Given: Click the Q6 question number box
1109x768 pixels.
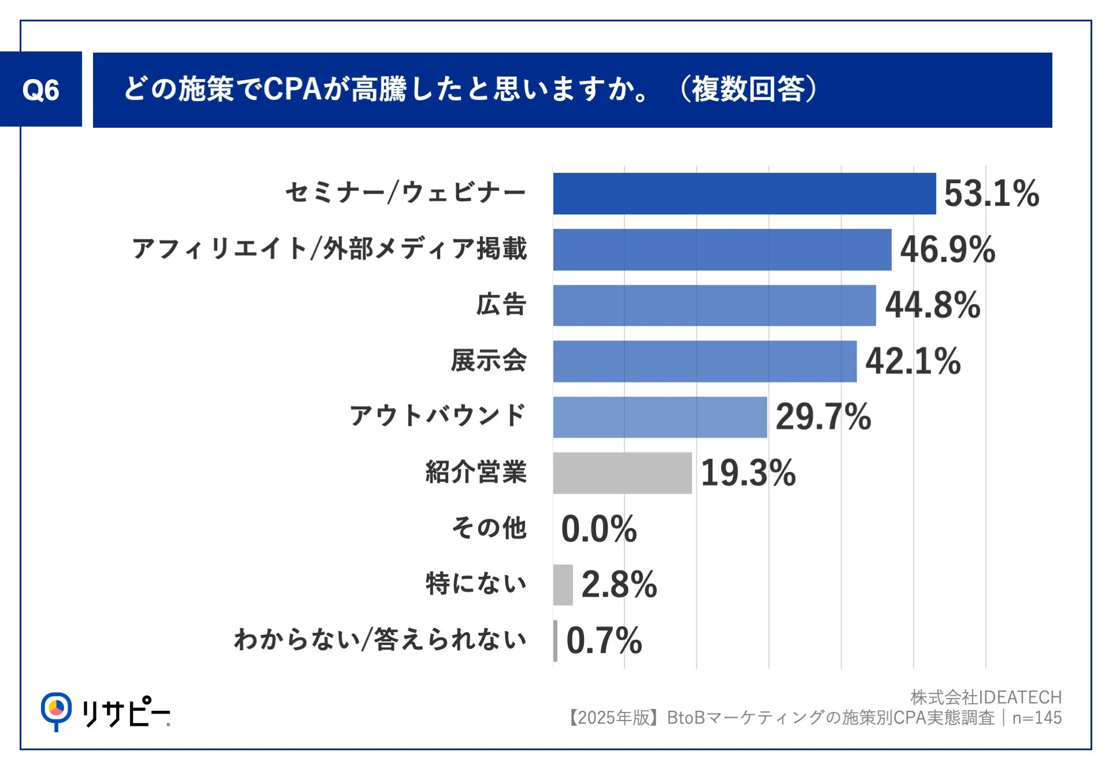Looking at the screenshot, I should [x=40, y=90].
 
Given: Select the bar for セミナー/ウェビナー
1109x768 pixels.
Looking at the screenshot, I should [x=744, y=194].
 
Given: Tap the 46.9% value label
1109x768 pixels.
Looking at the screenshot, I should [x=947, y=250].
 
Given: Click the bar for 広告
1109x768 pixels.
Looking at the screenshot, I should [x=714, y=305].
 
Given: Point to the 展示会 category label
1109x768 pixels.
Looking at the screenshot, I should [x=489, y=361].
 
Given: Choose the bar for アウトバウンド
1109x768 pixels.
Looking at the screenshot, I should [x=660, y=417].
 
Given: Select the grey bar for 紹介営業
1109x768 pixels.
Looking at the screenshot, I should [x=622, y=473].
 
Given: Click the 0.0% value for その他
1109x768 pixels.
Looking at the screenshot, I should [x=598, y=529].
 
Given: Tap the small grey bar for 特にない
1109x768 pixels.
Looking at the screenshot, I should [x=563, y=585].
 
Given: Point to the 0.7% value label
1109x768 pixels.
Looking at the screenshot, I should [x=604, y=640].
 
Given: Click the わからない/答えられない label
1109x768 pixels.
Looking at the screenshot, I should [x=380, y=640].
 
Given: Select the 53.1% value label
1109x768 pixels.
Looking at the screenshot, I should [x=991, y=194].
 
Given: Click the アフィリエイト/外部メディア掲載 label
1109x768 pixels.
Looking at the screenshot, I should [x=329, y=249].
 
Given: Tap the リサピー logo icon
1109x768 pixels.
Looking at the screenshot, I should [x=56, y=710].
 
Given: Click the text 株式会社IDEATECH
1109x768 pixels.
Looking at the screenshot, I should [x=985, y=697].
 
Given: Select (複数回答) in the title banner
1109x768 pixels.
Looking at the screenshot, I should [x=748, y=90].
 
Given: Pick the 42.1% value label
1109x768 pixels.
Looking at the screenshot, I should [x=913, y=361].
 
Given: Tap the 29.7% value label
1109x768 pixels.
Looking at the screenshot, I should [x=823, y=417].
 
